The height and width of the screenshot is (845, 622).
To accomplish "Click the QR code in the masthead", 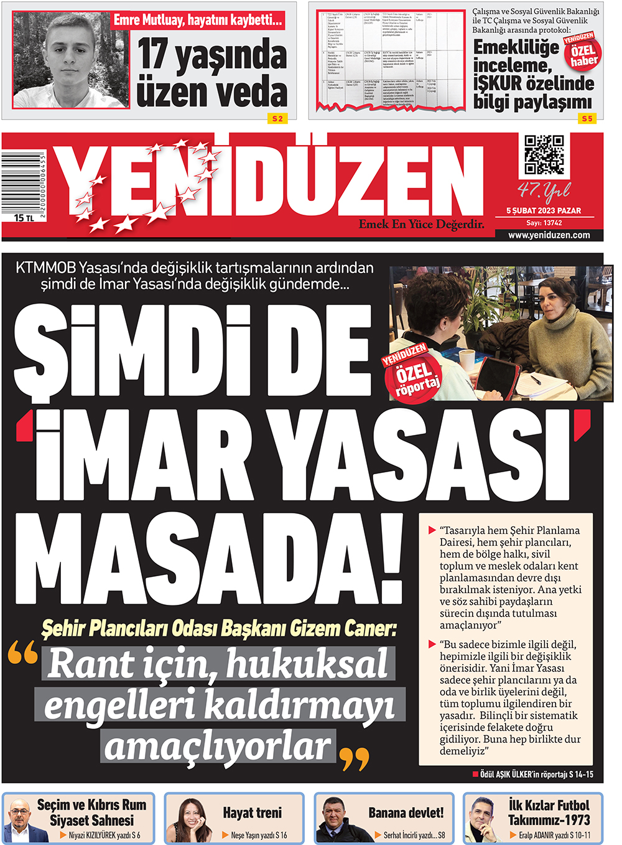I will click(x=544, y=155).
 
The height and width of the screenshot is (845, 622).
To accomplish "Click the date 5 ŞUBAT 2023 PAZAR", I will click(x=544, y=211).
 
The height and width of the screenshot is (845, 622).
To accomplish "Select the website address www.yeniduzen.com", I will click(x=549, y=235).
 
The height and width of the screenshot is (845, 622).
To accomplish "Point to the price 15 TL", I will click(x=24, y=218).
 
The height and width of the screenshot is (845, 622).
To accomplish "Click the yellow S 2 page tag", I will click(x=277, y=118).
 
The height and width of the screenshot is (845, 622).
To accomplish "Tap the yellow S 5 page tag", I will click(x=587, y=118).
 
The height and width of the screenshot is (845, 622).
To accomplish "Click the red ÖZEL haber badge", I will click(x=582, y=52).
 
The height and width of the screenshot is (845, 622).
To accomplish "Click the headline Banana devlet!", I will click(x=406, y=813).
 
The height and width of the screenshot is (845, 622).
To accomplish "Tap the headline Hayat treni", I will click(x=252, y=813).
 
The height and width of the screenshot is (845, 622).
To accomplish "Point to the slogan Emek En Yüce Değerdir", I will click(x=421, y=224).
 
